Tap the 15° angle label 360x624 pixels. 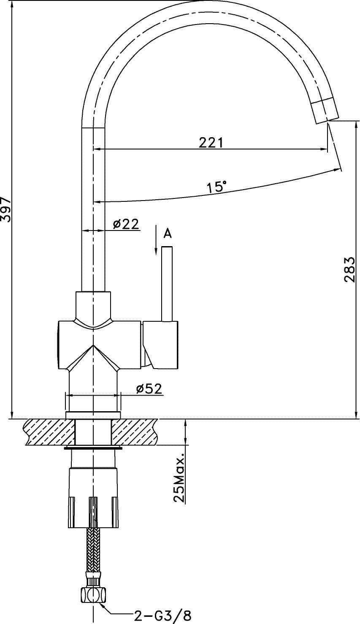(217, 186)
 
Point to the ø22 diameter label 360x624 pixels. (126, 224)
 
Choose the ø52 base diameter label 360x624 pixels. (149, 388)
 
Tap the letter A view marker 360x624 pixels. (167, 233)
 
